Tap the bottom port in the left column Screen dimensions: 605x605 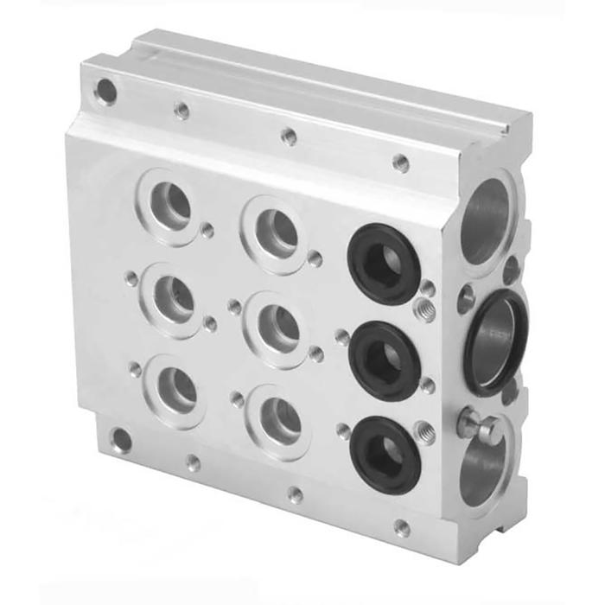(177, 388)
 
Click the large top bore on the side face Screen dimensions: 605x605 (486, 218)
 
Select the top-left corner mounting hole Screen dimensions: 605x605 (106, 90)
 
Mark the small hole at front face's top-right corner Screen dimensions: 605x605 (401, 162)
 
